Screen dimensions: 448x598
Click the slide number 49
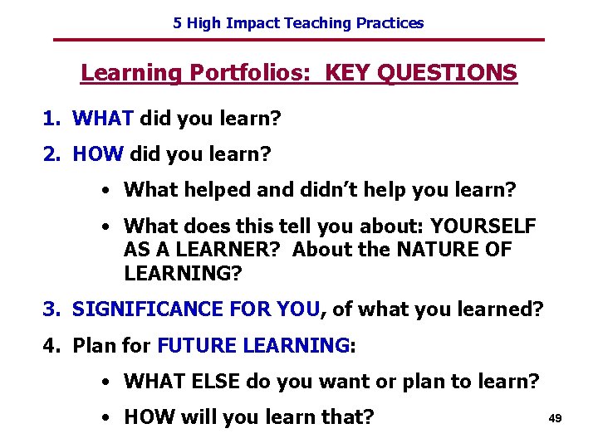[555, 419]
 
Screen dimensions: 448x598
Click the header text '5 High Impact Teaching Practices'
[298, 23]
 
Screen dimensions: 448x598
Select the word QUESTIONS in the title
[447, 73]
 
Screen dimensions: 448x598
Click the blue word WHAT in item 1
[103, 119]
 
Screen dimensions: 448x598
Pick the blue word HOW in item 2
[98, 154]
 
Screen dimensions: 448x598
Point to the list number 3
[51, 309]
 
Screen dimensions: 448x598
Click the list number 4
[51, 345]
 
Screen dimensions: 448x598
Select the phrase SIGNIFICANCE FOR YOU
[196, 309]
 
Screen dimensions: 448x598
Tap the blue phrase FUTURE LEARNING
[253, 345]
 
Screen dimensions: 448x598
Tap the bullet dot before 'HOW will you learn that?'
[108, 417]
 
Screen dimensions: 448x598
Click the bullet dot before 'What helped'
[108, 191]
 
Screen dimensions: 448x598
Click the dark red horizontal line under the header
[298, 40]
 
